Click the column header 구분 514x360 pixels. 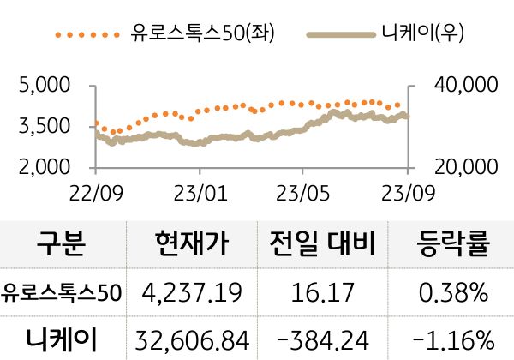coord(62,246)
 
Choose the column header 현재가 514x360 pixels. coord(192,246)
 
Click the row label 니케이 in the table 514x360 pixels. coord(62,339)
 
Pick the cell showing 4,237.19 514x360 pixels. coord(192,293)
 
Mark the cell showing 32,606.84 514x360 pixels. coord(192,339)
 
